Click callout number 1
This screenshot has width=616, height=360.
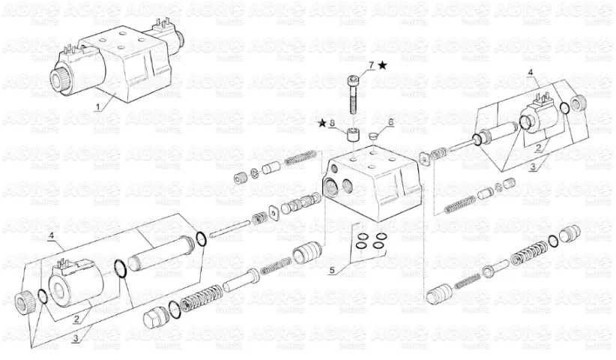tap(98, 106)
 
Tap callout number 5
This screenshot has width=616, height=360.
tap(332, 271)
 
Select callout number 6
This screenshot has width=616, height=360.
tap(390, 122)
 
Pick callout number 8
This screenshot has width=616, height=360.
tap(332, 124)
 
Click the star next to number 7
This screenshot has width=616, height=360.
tap(382, 66)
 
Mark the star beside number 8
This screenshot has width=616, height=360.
tap(322, 124)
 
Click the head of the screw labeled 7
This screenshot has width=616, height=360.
tap(353, 81)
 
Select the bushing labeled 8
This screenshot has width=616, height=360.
tap(352, 136)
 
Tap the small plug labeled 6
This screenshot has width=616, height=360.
tap(374, 136)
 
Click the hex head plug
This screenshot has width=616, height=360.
tap(151, 317)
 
